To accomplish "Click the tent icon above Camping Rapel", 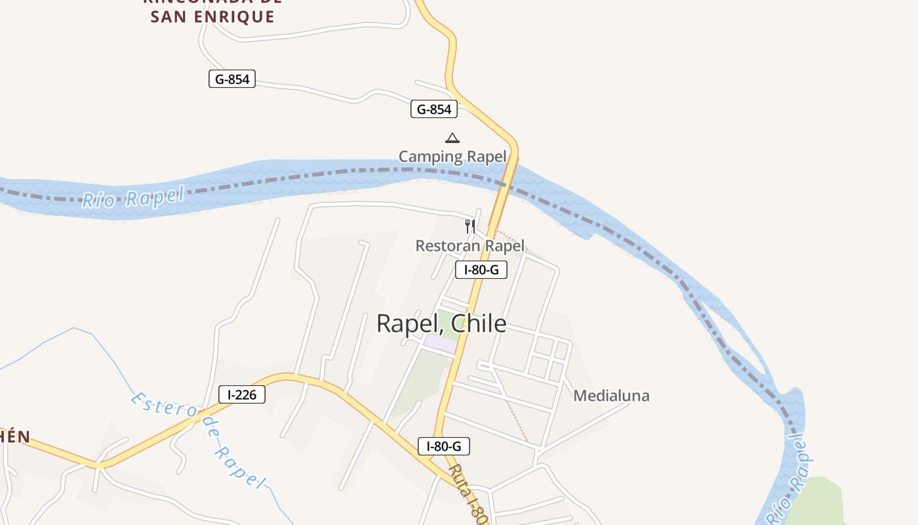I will (x=452, y=138).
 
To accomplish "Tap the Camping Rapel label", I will (x=452, y=156).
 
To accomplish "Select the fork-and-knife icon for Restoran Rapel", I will (x=470, y=226).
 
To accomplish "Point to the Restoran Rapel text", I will (x=470, y=246).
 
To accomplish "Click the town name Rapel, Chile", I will (x=441, y=324).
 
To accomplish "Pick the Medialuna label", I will (x=611, y=396).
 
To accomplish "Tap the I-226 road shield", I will (x=242, y=394).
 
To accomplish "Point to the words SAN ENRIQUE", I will (x=212, y=17).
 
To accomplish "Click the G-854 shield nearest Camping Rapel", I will (x=434, y=110).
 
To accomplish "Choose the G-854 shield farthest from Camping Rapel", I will (x=232, y=79).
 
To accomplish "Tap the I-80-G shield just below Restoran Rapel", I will (x=481, y=269).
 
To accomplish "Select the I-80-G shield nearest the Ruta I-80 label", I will (x=444, y=447).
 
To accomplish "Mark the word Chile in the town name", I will (x=477, y=324).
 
